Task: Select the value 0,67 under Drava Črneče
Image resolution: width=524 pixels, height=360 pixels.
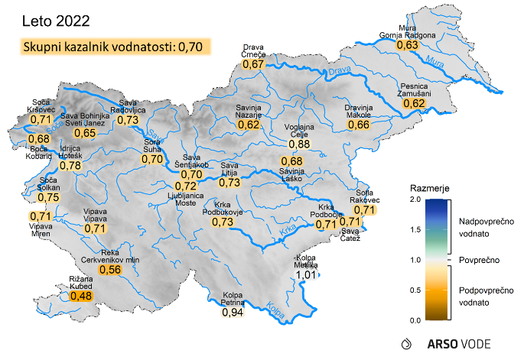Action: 253,64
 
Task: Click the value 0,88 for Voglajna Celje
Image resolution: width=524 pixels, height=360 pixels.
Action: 299,144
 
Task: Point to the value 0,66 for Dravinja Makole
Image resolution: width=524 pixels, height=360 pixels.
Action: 359,125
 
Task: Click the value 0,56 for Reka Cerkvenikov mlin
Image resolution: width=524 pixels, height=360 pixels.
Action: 111,269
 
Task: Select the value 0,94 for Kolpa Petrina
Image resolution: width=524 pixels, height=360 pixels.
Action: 233,312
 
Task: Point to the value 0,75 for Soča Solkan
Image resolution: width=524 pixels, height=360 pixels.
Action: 48,197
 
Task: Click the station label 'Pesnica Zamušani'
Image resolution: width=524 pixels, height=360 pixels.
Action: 414,89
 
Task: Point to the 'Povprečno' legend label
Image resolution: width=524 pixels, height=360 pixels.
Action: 479,260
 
